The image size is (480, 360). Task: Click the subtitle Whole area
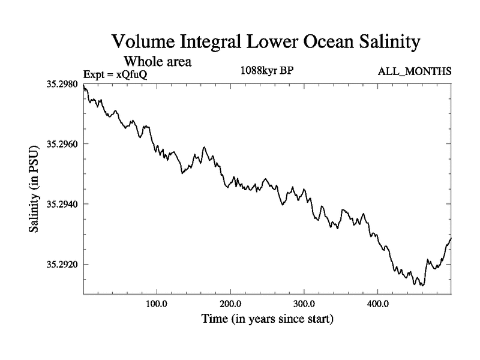158,61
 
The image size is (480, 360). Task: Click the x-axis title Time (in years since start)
267,319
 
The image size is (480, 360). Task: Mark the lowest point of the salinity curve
422,285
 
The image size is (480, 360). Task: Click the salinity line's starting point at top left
83,88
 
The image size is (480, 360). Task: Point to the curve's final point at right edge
451,238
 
